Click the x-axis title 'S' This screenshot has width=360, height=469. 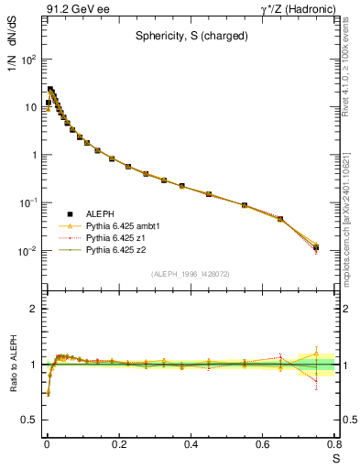[x=336, y=458]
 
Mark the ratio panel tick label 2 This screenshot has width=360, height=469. [x=34, y=309]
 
